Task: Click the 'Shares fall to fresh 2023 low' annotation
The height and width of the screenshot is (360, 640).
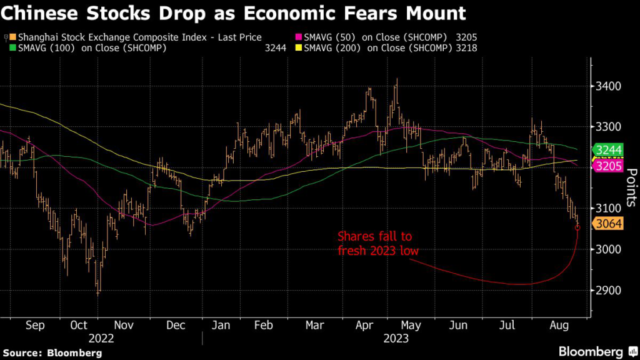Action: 374,243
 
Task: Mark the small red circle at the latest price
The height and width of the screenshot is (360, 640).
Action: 577,228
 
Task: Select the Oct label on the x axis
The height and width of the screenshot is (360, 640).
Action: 79,326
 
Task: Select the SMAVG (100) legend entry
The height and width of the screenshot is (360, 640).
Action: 87,47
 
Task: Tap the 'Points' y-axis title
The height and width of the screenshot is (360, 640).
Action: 630,186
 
